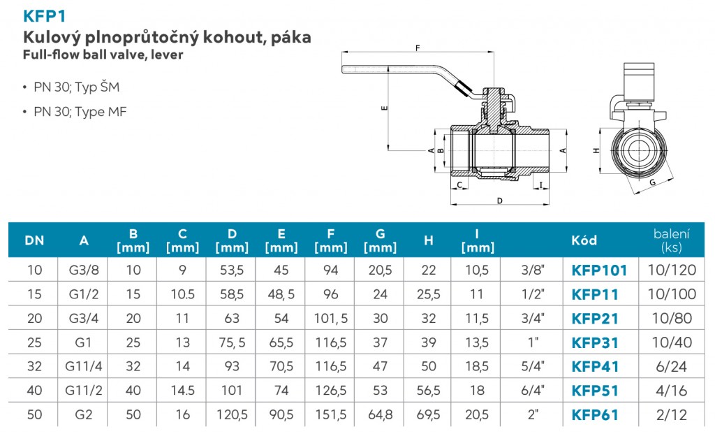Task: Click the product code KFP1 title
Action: (x=45, y=15)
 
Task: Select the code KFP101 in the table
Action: (x=599, y=270)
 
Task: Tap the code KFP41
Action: (x=595, y=366)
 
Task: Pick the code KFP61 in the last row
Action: (x=595, y=414)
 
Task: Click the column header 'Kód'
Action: (x=584, y=240)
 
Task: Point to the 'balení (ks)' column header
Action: (x=671, y=240)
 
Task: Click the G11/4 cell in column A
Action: (x=84, y=366)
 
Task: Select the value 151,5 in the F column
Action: (x=331, y=414)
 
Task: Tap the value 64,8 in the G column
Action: (x=380, y=414)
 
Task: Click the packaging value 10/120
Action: (x=671, y=270)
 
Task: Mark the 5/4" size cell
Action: (x=533, y=366)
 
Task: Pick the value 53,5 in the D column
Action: (x=232, y=270)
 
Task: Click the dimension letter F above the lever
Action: (x=417, y=48)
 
